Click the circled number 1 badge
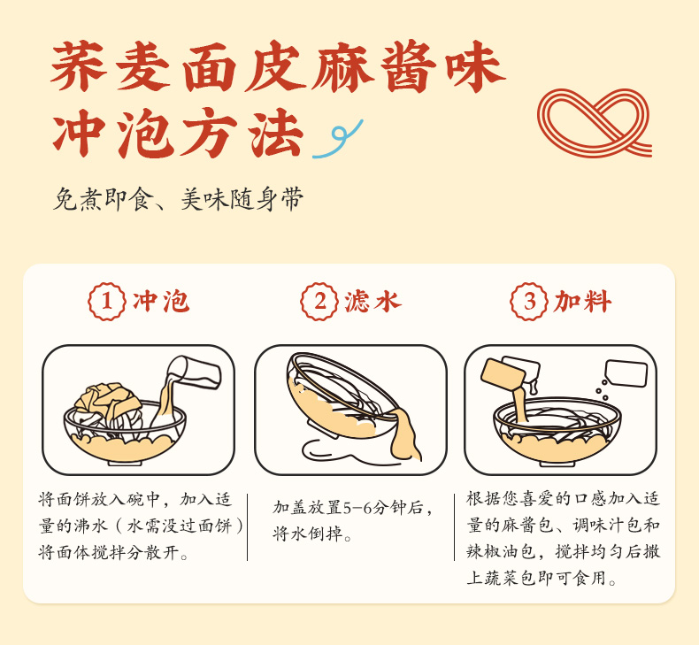106,302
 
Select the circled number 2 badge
319,302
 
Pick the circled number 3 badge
529,302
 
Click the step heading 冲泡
161,302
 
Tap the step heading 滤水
373,302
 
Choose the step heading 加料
582,302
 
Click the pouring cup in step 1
194,372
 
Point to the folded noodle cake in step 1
107,400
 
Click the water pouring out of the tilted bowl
404,435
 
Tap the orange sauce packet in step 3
503,375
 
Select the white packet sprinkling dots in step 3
626,373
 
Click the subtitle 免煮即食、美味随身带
179,199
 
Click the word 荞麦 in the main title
110,66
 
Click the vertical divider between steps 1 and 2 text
247,526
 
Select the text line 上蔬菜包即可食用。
542,578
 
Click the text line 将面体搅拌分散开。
112,552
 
